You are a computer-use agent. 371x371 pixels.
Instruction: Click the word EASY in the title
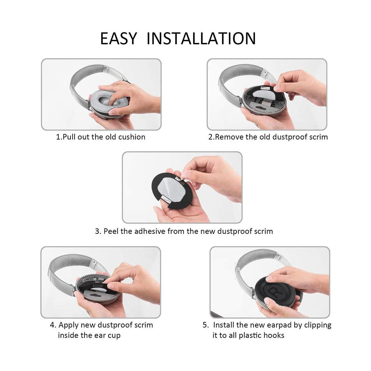(118, 38)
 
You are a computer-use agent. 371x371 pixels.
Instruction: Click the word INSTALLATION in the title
(201, 38)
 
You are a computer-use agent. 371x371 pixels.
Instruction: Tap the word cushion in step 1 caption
(132, 137)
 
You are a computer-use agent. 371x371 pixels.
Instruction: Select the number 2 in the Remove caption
(211, 137)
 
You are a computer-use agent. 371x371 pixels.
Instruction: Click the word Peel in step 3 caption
(111, 231)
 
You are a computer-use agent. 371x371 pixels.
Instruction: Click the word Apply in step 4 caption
(69, 325)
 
